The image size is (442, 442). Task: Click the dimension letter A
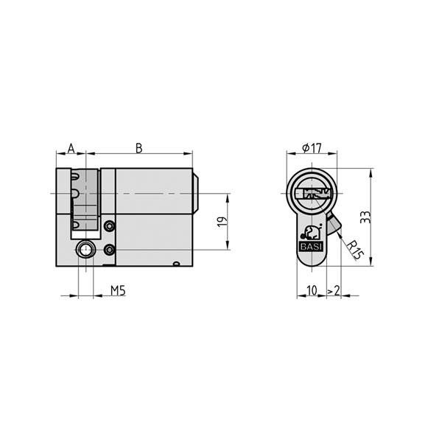(71, 148)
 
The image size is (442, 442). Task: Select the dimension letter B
(139, 148)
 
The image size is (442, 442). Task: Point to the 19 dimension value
(222, 222)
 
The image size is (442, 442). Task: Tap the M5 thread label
(118, 290)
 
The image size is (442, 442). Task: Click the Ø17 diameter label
(312, 148)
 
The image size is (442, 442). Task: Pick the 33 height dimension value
(365, 217)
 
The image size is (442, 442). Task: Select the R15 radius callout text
(354, 250)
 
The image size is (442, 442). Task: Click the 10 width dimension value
(312, 290)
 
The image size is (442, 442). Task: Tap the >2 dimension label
(334, 290)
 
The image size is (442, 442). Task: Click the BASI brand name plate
(311, 246)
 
